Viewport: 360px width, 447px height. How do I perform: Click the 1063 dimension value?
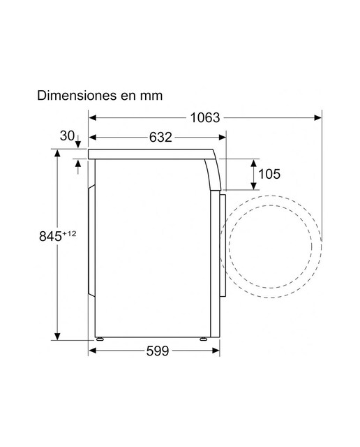(205, 118)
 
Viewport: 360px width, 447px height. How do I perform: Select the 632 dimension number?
(160, 138)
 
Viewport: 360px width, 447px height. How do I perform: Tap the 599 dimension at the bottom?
(158, 351)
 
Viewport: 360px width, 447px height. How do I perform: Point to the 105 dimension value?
(269, 174)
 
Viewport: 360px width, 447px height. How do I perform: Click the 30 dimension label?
(67, 135)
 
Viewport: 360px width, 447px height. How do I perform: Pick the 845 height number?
(50, 236)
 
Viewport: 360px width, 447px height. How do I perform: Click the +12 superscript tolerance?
(69, 234)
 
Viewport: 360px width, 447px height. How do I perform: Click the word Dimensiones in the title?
(77, 95)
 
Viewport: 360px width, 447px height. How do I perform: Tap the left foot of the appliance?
(100, 339)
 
